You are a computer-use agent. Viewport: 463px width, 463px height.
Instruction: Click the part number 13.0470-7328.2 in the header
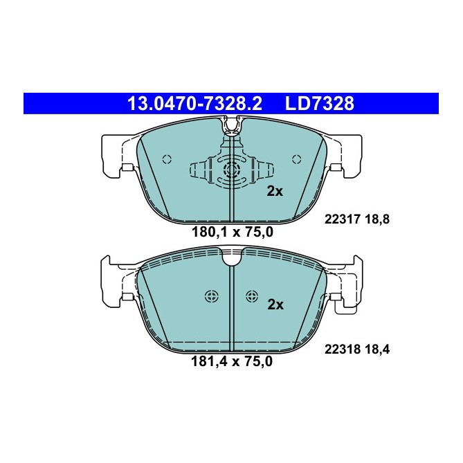tap(194, 104)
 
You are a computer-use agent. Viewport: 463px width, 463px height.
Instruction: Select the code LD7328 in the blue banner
tap(320, 104)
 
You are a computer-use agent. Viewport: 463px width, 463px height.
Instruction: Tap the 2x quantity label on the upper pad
tap(275, 192)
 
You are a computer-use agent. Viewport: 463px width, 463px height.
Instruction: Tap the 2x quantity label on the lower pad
tap(275, 304)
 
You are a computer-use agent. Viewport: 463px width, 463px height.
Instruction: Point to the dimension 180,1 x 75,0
tap(232, 233)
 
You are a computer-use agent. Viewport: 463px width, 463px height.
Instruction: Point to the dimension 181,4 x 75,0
tap(232, 361)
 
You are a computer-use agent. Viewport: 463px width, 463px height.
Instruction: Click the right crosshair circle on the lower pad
tap(252, 296)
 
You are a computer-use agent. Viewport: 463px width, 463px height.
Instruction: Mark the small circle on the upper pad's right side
tap(296, 156)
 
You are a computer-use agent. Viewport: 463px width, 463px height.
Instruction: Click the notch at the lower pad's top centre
tap(232, 260)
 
